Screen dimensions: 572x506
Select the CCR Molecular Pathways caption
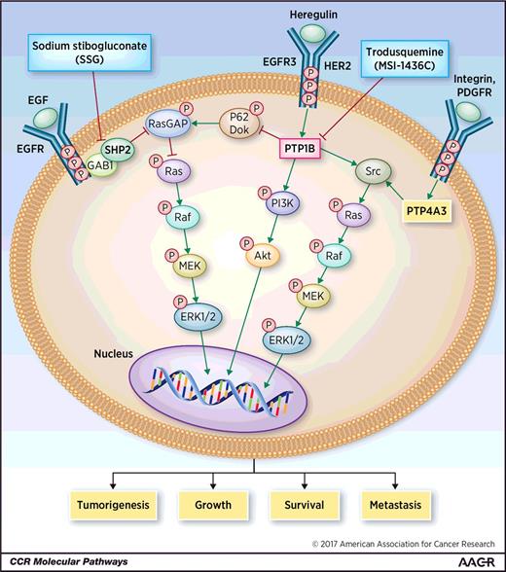point(58,562)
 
